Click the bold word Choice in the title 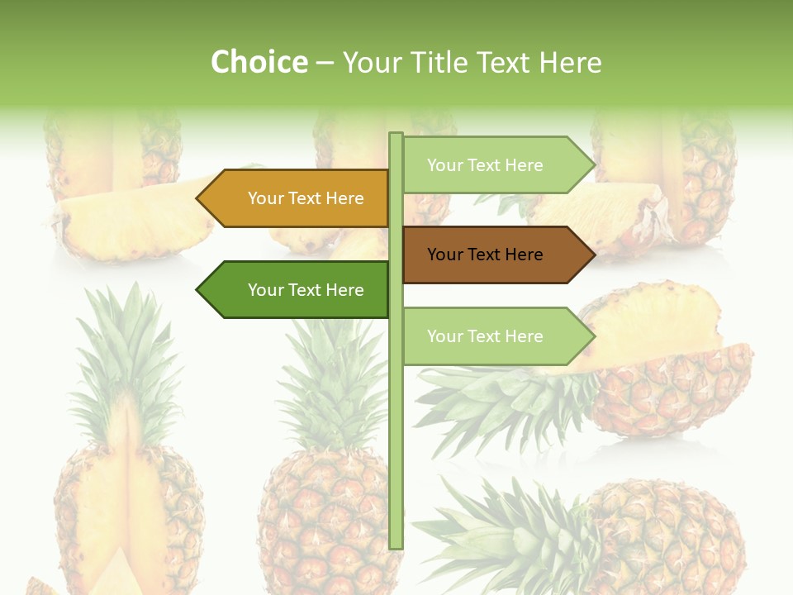(x=259, y=62)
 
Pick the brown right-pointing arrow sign (x=496, y=255)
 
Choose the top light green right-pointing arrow (x=496, y=165)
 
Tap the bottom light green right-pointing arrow (x=496, y=336)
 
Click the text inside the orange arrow (x=306, y=198)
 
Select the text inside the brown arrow (x=485, y=255)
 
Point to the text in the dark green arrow (x=306, y=290)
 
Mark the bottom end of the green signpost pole (x=396, y=545)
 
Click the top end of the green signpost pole (x=396, y=136)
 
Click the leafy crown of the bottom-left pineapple (x=128, y=355)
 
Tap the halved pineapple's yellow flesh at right (x=653, y=326)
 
